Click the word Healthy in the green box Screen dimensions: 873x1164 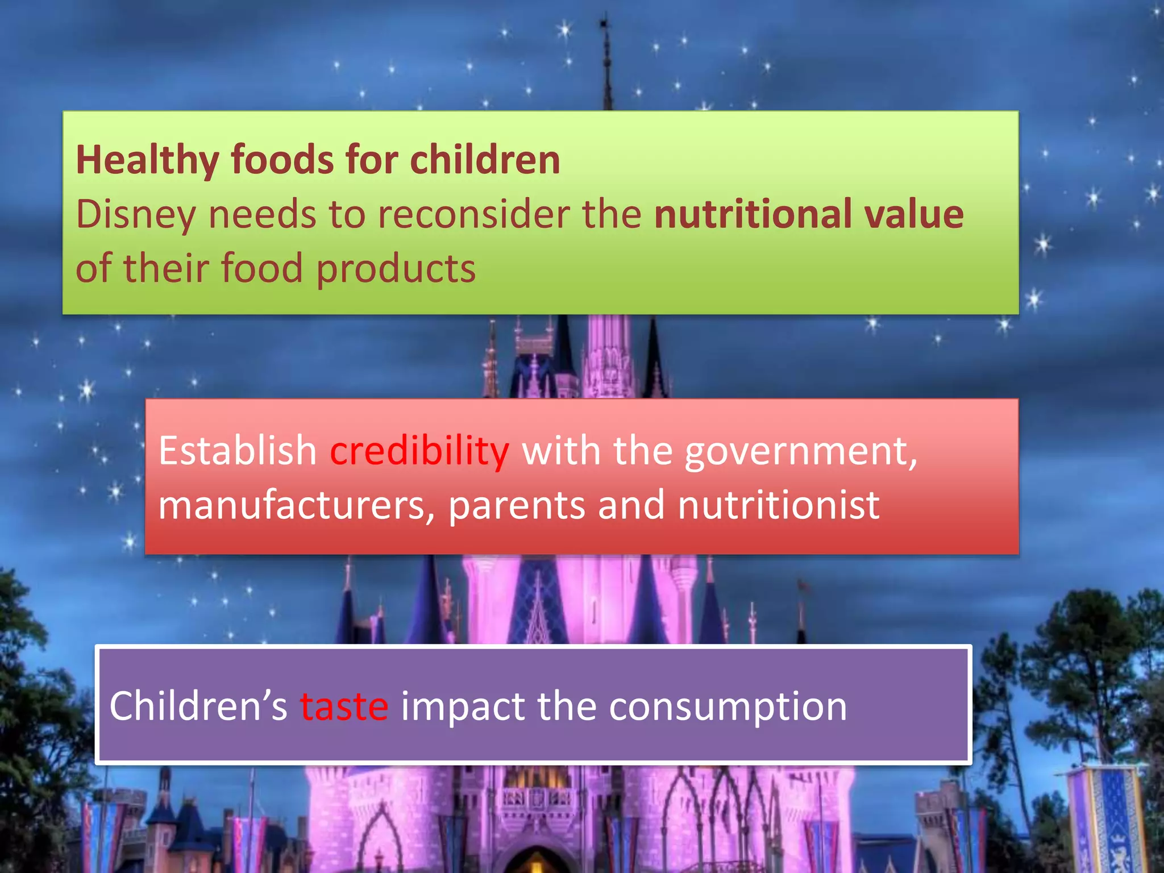pyautogui.click(x=147, y=160)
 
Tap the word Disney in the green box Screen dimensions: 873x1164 pyautogui.click(x=135, y=215)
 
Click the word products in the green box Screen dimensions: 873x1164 pyautogui.click(x=396, y=269)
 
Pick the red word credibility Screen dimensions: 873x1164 pyautogui.click(x=419, y=451)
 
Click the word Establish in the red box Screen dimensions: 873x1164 pyautogui.click(x=237, y=451)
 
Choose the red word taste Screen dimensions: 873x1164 pyautogui.click(x=344, y=706)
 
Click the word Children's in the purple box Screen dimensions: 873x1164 pyautogui.click(x=198, y=706)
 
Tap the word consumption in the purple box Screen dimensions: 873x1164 pyautogui.click(x=727, y=706)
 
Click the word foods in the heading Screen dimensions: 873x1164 pyautogui.click(x=282, y=160)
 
